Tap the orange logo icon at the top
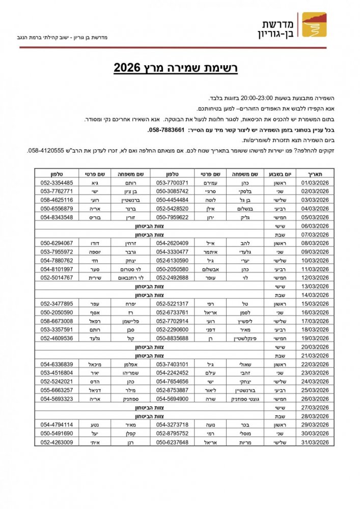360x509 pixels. click(x=312, y=25)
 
